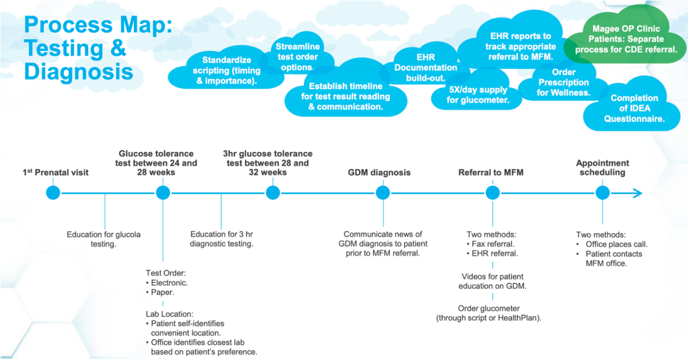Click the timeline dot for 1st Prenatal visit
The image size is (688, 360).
(x=53, y=193)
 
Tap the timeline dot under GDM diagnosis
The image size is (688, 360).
(x=383, y=193)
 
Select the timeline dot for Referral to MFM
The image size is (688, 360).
(x=493, y=193)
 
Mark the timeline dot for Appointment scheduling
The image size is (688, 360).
(x=602, y=193)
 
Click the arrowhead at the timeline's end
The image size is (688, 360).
(x=637, y=193)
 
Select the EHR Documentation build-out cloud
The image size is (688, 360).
(x=425, y=67)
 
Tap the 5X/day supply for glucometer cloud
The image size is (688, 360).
(x=477, y=95)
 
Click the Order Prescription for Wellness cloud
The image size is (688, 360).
(x=563, y=83)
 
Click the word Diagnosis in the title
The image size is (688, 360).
(x=79, y=72)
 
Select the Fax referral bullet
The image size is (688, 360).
(x=493, y=244)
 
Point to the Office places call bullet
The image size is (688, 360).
(x=616, y=244)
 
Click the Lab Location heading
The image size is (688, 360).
(x=170, y=313)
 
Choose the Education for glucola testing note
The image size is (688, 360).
(x=103, y=239)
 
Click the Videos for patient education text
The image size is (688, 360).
(x=493, y=281)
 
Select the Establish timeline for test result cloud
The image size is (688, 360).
(x=345, y=96)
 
